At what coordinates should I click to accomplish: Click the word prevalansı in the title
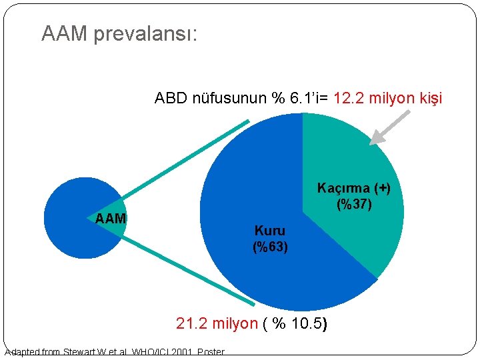[145, 34]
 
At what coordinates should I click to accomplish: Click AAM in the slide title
[65, 34]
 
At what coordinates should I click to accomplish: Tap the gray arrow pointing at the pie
[389, 128]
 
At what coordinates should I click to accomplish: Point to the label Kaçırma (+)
[353, 188]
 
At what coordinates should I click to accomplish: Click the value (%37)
[354, 204]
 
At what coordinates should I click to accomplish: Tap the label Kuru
[270, 231]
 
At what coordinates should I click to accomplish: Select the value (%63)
[270, 247]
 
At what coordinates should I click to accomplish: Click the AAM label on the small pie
[111, 218]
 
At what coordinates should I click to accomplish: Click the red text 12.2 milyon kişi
[387, 99]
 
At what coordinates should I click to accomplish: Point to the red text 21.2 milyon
[216, 324]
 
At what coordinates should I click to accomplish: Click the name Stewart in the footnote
[81, 352]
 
